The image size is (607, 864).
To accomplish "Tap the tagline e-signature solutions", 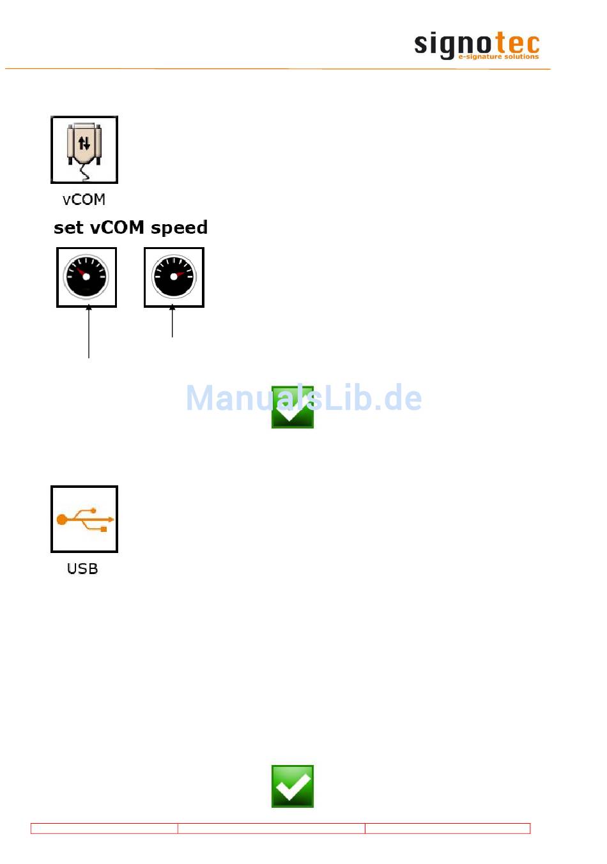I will (x=498, y=57).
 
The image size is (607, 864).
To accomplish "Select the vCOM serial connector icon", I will (x=84, y=149).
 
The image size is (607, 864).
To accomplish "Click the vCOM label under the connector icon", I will (x=84, y=199).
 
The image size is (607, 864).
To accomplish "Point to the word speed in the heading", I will (x=179, y=228).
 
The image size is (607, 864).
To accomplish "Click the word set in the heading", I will (x=68, y=228).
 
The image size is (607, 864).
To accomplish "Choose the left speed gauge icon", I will (x=86, y=277).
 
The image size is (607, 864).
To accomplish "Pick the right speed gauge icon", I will (x=174, y=277).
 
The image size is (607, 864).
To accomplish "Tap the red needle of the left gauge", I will (x=81, y=273).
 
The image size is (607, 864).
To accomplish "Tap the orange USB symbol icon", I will (x=84, y=519).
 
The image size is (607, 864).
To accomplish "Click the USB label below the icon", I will (x=82, y=568).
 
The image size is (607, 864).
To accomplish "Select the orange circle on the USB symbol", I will (x=62, y=520).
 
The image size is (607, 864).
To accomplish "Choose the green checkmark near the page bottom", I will (x=292, y=786).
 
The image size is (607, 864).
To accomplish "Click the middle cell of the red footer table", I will (x=271, y=828).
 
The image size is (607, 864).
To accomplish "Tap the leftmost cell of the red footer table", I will (x=104, y=828).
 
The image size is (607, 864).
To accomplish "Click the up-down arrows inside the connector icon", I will (x=84, y=143).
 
